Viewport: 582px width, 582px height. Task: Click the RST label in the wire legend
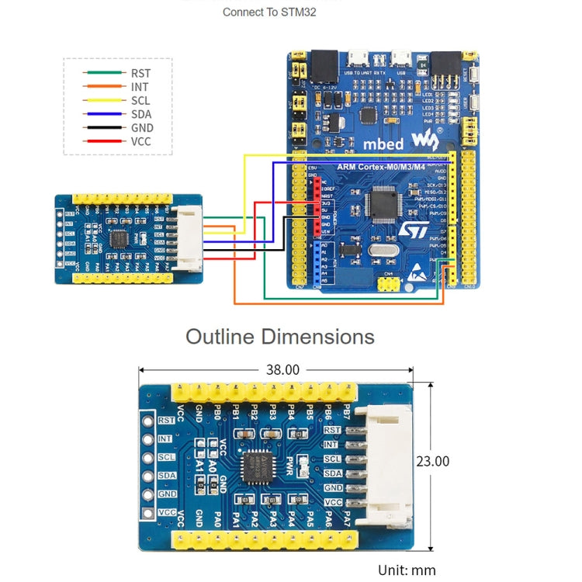(x=140, y=73)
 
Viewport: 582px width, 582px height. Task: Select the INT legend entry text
(x=140, y=87)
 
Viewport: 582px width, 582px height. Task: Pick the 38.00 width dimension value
(x=282, y=370)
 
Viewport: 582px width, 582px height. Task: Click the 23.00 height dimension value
(x=432, y=461)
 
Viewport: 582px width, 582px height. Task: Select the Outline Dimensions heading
(x=279, y=337)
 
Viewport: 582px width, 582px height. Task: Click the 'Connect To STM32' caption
(x=269, y=12)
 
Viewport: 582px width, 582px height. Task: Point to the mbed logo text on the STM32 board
(x=384, y=144)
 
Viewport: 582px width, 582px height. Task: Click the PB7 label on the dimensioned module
(x=347, y=413)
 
